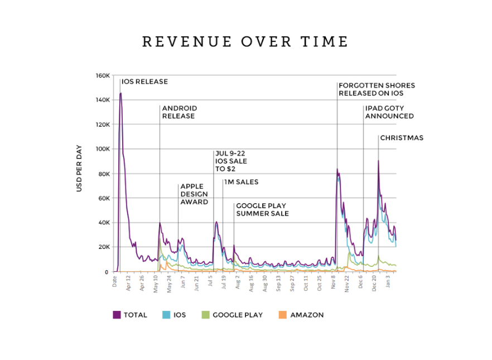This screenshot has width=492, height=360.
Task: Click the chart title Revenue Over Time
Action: [245, 42]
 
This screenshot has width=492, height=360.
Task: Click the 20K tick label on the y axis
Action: [103, 247]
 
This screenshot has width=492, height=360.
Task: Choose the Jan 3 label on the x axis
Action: [388, 284]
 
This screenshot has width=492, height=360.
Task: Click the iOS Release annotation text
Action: [144, 81]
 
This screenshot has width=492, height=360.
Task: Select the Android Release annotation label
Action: [179, 112]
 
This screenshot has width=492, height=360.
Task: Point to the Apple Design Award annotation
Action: [194, 194]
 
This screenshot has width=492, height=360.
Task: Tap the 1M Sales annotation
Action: [241, 182]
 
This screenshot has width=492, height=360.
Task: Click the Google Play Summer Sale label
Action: [262, 209]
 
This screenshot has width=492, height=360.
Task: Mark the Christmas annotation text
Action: [402, 138]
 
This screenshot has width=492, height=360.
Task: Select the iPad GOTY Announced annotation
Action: [389, 112]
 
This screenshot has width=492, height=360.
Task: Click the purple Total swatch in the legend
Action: [117, 315]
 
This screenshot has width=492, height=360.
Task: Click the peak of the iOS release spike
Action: [120, 93]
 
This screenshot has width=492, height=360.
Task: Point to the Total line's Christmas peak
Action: [378, 161]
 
